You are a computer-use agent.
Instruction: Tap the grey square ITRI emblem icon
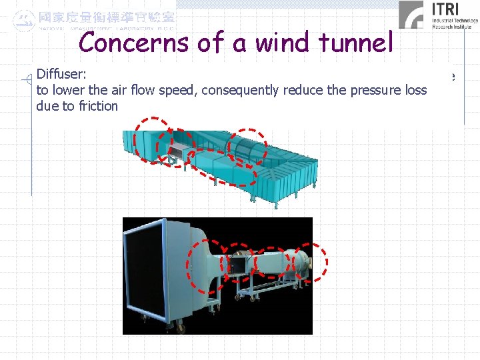[411, 15]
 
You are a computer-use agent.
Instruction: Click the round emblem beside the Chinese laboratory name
[24, 19]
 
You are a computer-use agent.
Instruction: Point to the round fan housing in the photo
[303, 261]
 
